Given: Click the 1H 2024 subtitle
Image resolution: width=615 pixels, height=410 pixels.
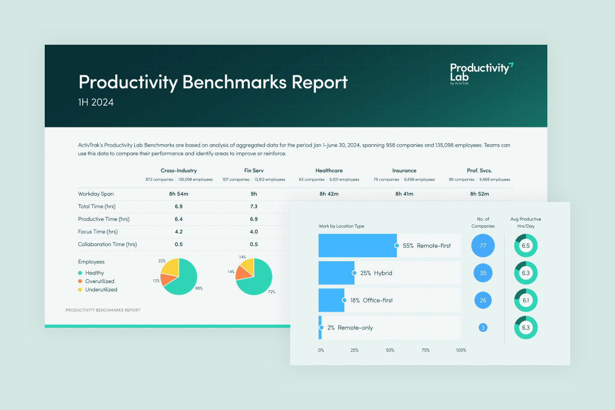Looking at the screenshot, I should pos(96,102).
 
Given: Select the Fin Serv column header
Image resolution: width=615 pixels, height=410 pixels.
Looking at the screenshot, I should pos(253,171).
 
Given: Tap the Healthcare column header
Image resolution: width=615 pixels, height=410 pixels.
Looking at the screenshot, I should pos(329,171).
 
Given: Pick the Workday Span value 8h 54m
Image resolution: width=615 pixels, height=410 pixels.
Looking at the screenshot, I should pos(179,194).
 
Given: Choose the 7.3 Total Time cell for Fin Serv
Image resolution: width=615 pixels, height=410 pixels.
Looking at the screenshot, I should pos(253,207).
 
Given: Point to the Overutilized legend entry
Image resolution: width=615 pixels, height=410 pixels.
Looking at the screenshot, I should pos(100,281).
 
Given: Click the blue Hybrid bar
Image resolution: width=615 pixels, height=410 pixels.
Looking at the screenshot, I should pos(336,273).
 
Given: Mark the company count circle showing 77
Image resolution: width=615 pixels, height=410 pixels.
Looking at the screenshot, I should pos(483,246).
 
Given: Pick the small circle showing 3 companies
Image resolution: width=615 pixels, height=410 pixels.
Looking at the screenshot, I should pos(483,328).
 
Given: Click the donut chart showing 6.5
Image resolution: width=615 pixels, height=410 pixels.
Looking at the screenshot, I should pos(526,246).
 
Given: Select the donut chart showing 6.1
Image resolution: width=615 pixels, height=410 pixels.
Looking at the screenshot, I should pos(526,300).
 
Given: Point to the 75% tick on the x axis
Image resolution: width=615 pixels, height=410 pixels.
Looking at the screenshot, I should pos(425,350).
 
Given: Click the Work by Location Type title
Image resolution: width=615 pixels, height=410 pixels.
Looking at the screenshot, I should pos(341,226).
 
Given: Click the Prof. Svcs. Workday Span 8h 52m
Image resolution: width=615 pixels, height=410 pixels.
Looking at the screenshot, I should pos(480,194).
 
